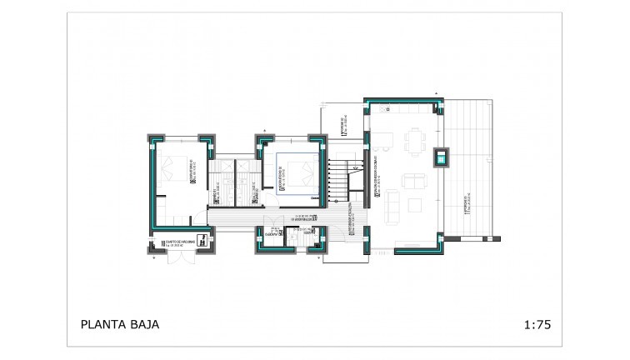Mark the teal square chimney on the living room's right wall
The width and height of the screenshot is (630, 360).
point(439,157)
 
